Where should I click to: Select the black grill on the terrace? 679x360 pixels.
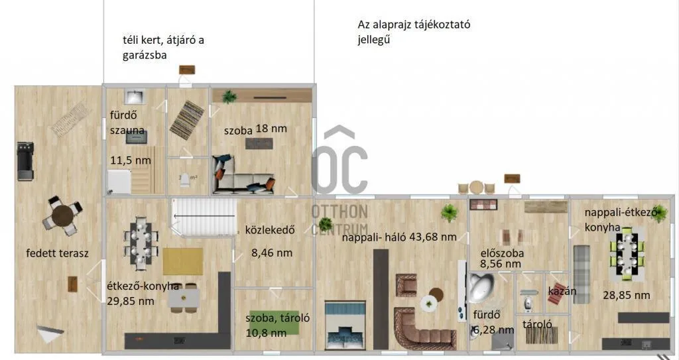(24, 160)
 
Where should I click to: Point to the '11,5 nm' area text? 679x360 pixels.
(130, 160)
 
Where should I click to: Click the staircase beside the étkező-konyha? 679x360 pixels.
(204, 217)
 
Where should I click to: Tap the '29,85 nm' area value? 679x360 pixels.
(131, 300)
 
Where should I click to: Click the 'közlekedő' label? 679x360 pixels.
(269, 231)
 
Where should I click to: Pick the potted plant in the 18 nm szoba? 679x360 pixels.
(229, 97)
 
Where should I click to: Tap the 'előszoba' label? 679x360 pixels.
(502, 253)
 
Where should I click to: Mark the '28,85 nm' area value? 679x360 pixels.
(626, 295)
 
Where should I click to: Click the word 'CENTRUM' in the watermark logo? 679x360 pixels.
(339, 229)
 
